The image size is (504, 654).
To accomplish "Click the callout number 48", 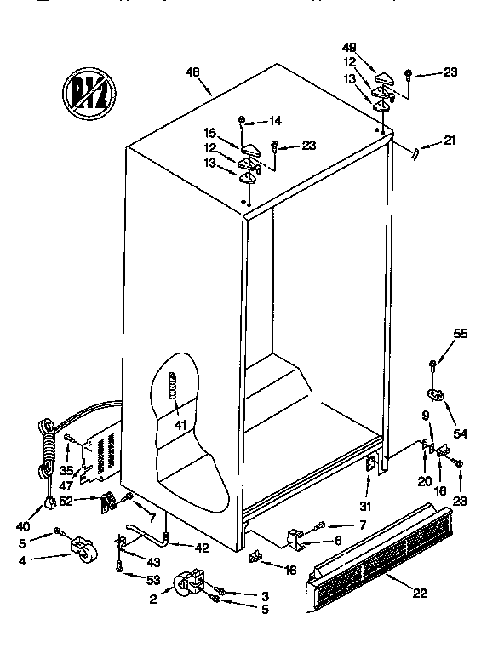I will click(192, 72).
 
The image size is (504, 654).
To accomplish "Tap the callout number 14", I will click(274, 120).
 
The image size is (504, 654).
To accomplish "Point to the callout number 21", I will click(450, 141).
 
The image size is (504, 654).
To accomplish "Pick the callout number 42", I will click(201, 548).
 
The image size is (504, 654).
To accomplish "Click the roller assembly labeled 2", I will click(189, 585).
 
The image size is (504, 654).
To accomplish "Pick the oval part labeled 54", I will click(437, 394).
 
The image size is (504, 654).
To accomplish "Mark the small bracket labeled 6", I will click(295, 538).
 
